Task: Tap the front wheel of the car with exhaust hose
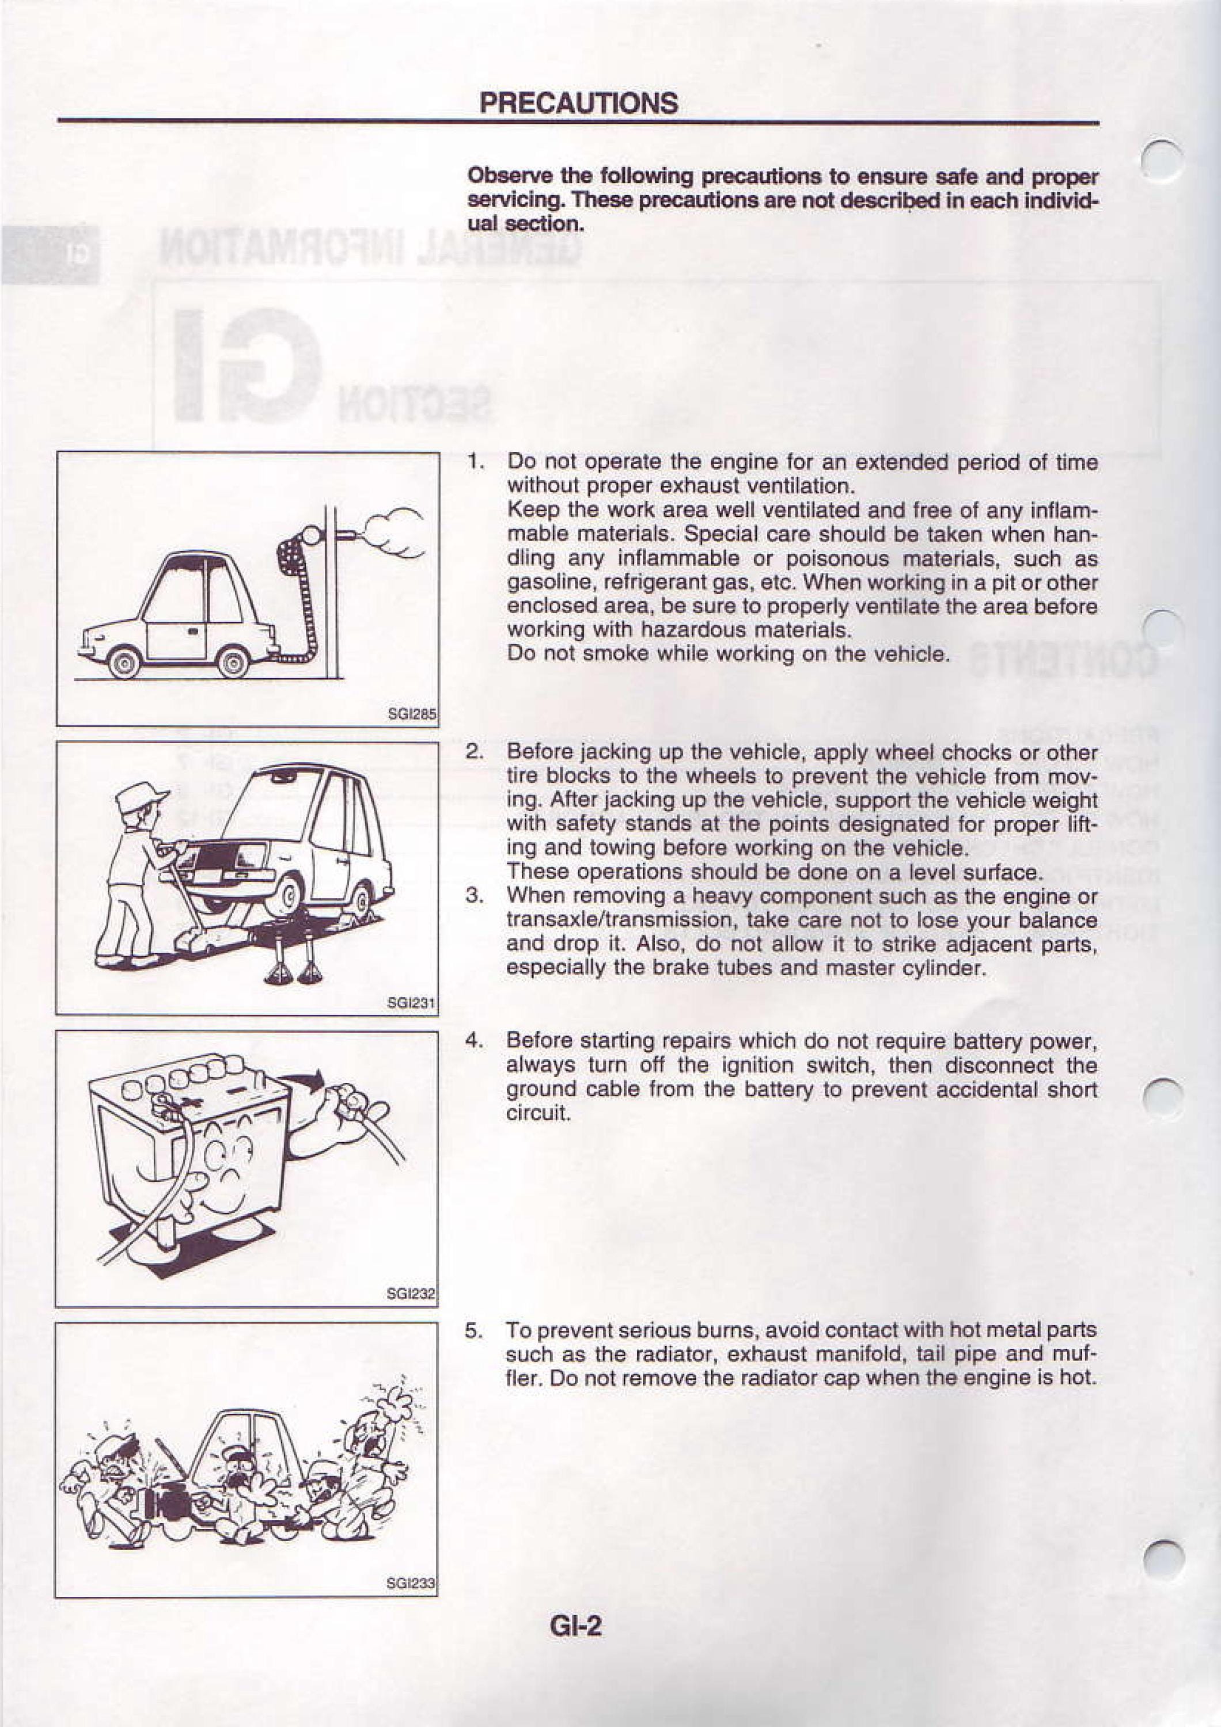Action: [124, 663]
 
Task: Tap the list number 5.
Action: [474, 1330]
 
